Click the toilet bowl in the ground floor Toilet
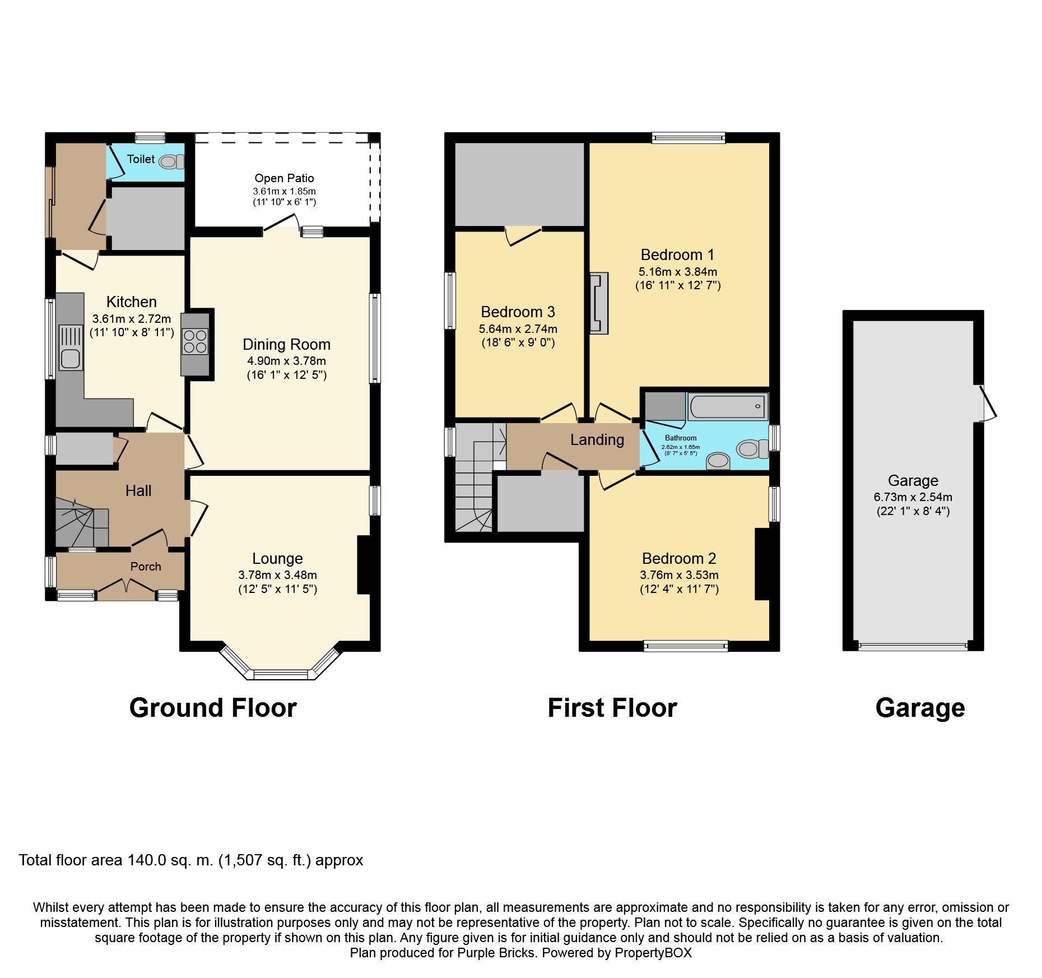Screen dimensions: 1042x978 coord(171,162)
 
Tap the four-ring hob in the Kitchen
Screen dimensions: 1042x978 coord(195,341)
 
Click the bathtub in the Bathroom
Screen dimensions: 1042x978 coord(727,406)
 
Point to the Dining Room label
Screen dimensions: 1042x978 coord(286,344)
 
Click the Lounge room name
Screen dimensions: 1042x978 coord(277,558)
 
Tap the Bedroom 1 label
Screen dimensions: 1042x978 coord(677,255)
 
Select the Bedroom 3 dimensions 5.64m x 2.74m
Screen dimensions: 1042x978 coord(518,329)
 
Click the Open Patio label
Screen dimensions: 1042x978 coord(284,178)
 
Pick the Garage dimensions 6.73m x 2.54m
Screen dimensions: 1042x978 coord(913,497)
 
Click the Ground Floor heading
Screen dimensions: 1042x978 coord(213,708)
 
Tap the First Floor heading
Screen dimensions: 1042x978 coord(612,708)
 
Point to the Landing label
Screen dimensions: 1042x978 coord(597,440)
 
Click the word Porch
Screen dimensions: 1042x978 coord(146,567)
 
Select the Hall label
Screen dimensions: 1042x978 coord(138,491)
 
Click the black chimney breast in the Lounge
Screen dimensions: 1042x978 coord(364,565)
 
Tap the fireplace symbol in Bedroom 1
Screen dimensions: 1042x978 coord(599,303)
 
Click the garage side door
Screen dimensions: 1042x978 coord(988,402)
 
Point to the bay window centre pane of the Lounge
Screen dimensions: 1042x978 coord(281,674)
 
